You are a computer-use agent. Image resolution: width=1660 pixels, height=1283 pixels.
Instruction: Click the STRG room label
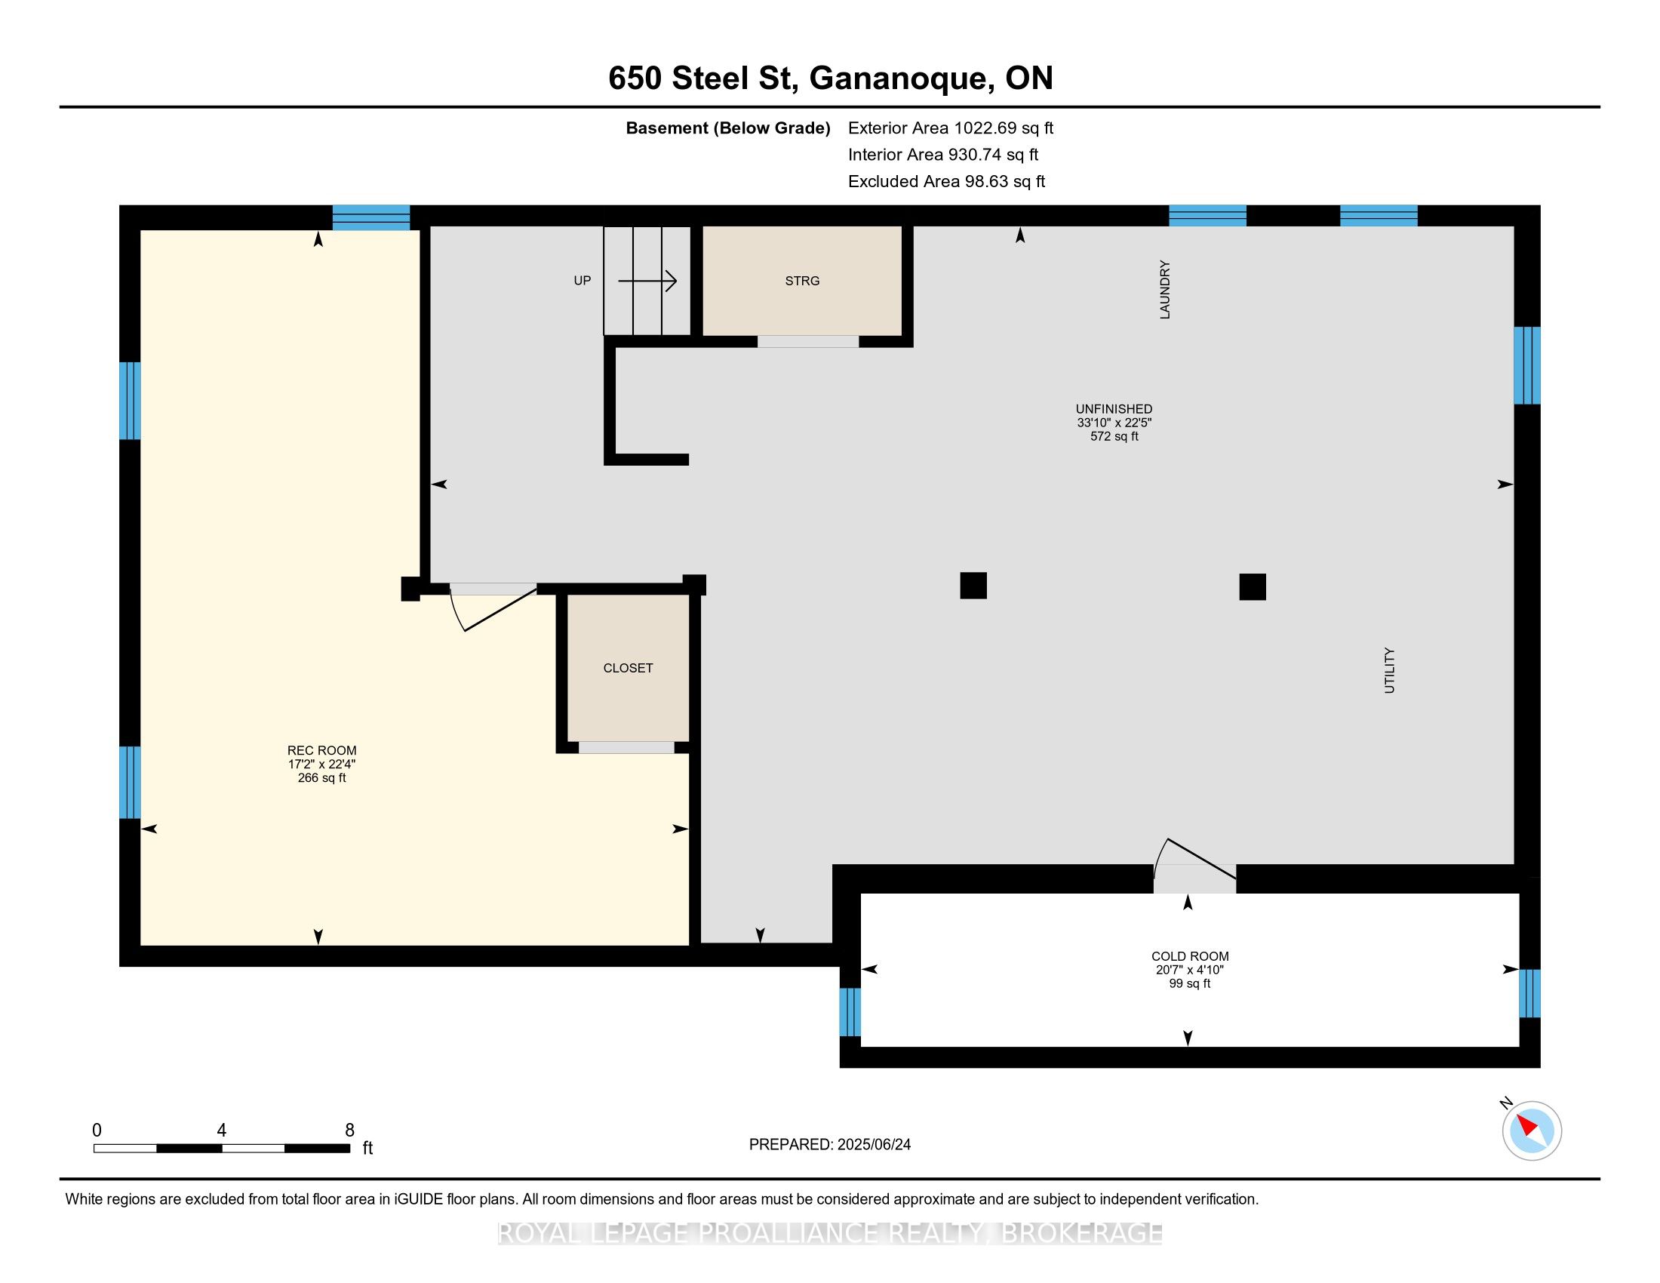pos(802,281)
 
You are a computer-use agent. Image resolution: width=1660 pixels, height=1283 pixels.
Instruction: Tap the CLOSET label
pos(628,668)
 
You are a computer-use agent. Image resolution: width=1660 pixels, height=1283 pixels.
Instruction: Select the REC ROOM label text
pos(321,750)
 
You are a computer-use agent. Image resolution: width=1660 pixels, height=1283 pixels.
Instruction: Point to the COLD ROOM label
pos(1189,956)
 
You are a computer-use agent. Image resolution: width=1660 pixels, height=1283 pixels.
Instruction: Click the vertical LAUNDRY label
pos(1164,290)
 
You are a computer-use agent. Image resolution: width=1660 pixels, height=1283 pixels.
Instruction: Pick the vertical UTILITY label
pos(1389,670)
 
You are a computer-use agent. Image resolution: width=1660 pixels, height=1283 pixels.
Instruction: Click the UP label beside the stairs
pos(583,281)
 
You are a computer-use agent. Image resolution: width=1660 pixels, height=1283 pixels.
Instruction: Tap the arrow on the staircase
pos(647,282)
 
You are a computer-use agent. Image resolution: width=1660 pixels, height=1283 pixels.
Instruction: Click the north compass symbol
pos(1531,1131)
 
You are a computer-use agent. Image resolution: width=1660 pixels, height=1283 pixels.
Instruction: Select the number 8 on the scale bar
pos(349,1131)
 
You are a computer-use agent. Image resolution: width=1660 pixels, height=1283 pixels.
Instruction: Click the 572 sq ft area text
pos(1114,436)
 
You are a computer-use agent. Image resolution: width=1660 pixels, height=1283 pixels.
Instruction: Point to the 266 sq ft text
pos(321,777)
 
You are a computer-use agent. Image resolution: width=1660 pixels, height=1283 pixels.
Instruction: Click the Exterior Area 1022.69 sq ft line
pos(951,128)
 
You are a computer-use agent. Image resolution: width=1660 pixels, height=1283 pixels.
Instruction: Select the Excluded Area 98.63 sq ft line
pos(946,181)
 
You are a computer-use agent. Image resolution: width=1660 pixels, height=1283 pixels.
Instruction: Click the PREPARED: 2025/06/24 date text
pos(830,1145)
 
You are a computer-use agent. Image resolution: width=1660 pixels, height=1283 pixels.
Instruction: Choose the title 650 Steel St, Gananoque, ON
pos(831,78)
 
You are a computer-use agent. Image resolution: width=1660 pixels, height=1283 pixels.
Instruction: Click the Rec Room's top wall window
pos(372,217)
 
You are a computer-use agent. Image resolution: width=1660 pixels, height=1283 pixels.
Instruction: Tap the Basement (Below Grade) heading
pos(727,128)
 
